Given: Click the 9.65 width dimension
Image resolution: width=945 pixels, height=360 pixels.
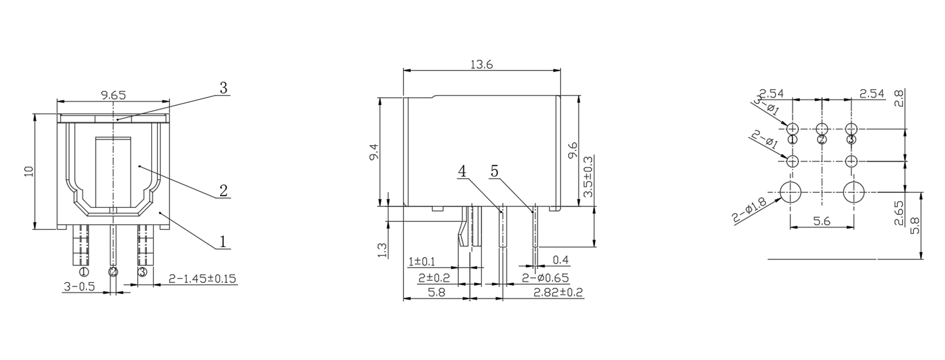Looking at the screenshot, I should click(x=113, y=95).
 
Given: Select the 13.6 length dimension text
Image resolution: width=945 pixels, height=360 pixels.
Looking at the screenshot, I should click(x=481, y=65).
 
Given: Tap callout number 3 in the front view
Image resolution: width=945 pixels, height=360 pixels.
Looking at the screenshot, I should click(x=223, y=88).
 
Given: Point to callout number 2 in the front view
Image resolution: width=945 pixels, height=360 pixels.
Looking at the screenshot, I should click(x=223, y=191).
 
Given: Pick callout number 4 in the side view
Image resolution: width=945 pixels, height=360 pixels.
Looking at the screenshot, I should click(x=462, y=171).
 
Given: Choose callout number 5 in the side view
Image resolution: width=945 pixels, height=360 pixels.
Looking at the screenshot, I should click(x=495, y=171).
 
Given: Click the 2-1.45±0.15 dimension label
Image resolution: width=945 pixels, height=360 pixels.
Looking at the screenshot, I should click(x=202, y=279).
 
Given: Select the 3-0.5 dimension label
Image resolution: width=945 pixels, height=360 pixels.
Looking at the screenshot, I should click(x=79, y=287).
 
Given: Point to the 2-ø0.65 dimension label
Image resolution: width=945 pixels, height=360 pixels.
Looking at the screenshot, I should click(x=545, y=278).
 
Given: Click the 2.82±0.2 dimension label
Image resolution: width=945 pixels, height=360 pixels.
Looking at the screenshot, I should click(x=558, y=293).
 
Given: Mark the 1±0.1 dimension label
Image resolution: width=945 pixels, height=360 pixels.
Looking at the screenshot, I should click(x=422, y=261).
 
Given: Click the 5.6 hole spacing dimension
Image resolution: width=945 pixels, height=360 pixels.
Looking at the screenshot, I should click(x=821, y=221).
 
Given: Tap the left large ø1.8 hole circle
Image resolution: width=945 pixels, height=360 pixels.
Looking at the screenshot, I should click(x=791, y=193).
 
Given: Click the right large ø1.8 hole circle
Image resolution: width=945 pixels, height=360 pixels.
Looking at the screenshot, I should click(x=853, y=193).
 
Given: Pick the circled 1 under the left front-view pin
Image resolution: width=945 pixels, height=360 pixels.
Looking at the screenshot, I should click(x=84, y=272).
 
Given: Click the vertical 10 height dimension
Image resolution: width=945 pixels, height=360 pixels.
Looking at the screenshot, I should click(x=29, y=171).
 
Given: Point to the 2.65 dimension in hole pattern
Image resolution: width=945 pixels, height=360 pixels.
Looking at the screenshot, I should click(x=899, y=213).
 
